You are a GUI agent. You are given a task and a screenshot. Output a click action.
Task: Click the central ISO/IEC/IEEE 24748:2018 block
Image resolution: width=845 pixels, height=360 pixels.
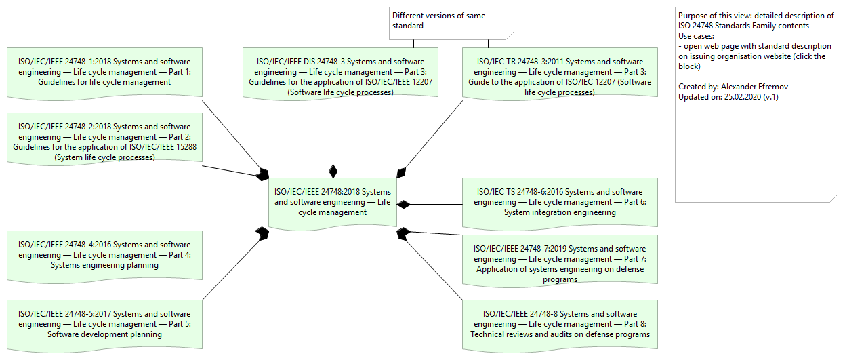[333, 202]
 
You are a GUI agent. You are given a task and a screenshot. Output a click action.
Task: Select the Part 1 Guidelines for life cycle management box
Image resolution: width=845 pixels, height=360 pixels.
[104, 72]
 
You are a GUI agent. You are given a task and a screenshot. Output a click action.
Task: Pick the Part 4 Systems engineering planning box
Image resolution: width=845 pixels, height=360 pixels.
[104, 255]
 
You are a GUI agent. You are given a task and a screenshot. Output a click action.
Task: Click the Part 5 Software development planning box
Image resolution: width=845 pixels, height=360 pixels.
[104, 324]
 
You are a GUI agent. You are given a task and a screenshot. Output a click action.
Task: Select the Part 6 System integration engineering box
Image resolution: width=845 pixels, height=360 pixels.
[559, 202]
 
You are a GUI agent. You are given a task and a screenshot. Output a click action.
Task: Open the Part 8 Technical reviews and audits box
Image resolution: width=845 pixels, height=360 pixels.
[559, 324]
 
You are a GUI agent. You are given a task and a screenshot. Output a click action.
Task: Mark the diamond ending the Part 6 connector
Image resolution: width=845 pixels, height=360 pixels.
[405, 204]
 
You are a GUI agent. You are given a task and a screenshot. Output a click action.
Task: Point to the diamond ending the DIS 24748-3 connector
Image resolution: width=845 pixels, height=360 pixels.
[333, 170]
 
